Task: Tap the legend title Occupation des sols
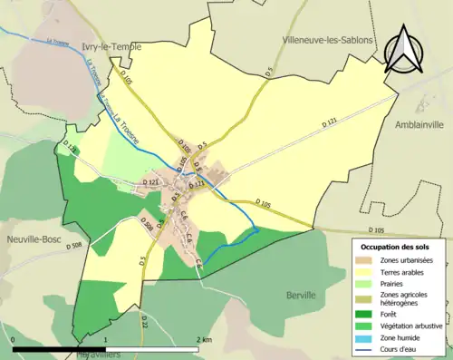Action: tap(398, 246)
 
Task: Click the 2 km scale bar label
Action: tap(204, 339)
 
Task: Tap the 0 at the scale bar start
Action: tap(14, 339)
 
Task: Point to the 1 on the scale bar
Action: tap(107, 339)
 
